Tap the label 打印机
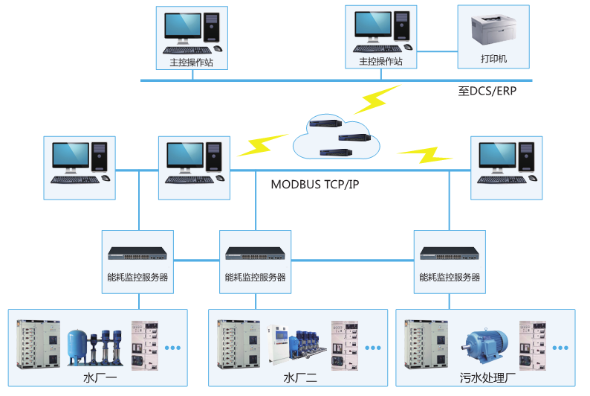(x=493, y=59)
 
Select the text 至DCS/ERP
(x=487, y=92)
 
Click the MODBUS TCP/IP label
(x=314, y=184)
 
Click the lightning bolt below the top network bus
(x=379, y=99)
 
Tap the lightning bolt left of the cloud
(x=262, y=144)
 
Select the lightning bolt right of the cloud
(x=424, y=156)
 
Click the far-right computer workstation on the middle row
(x=506, y=162)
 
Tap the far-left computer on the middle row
(x=79, y=162)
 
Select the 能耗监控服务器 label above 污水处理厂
(x=450, y=278)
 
